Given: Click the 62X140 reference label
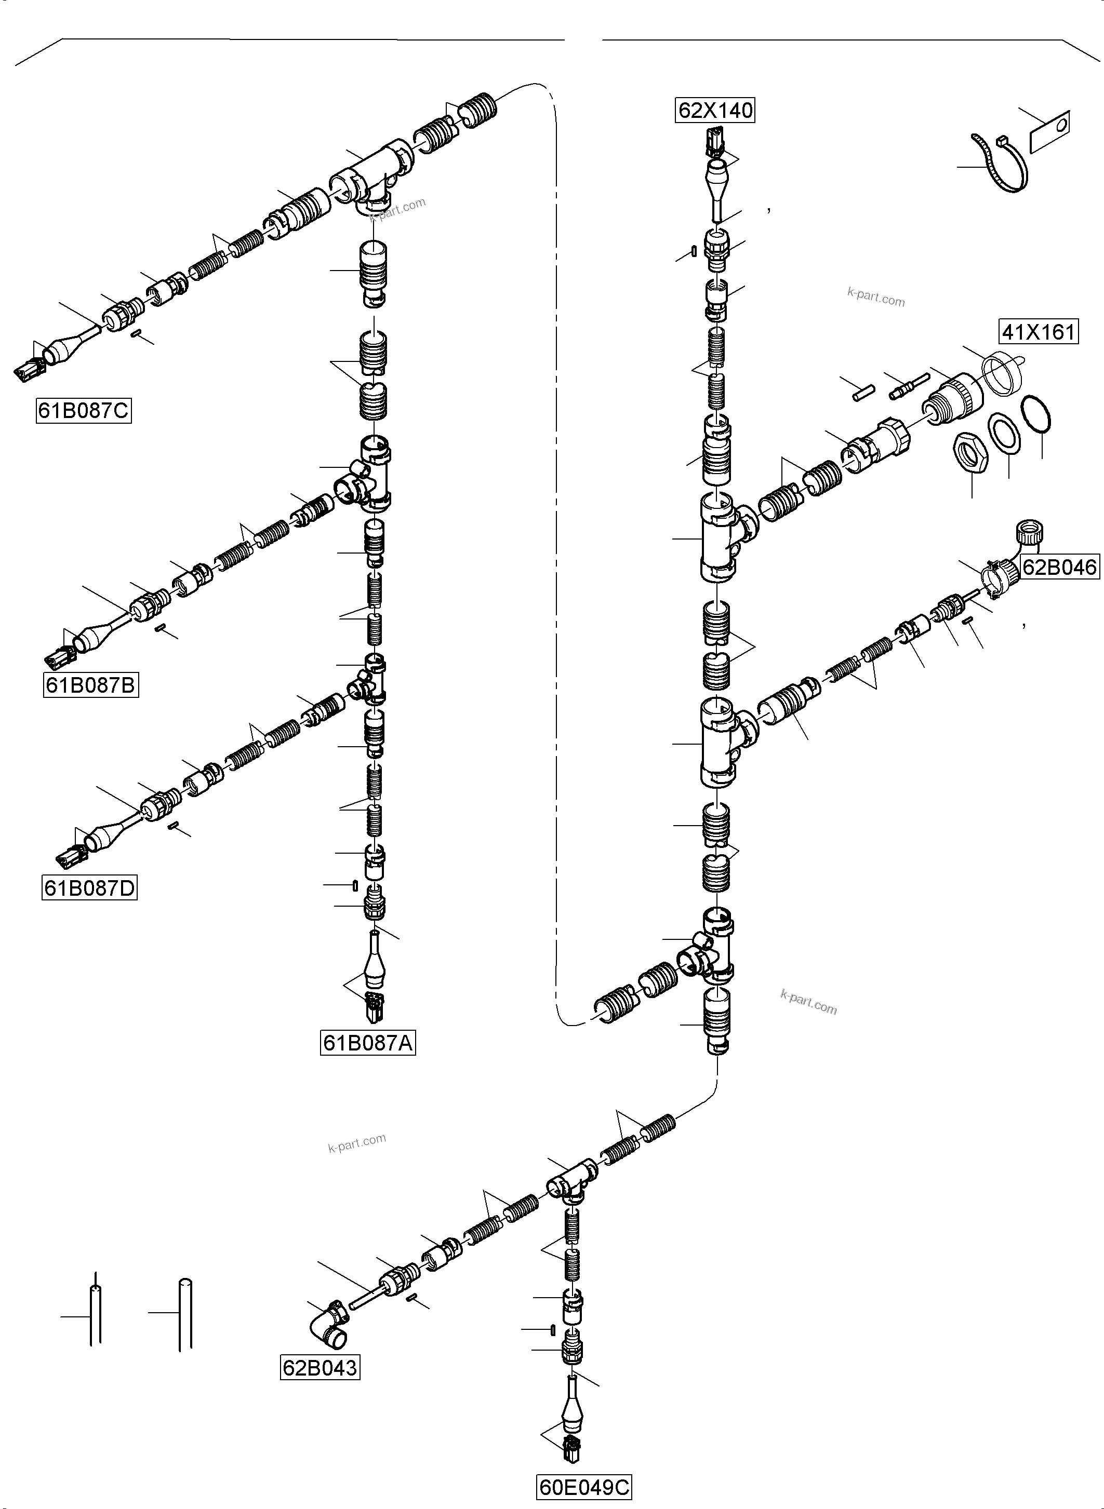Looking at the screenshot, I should click(x=715, y=110).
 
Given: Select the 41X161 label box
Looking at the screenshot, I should click(x=1039, y=331).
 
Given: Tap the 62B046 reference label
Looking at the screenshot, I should click(x=1059, y=567).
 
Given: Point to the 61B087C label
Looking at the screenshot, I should click(x=84, y=410).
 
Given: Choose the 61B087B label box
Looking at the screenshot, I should click(x=91, y=685).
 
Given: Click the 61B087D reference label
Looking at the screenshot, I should click(x=89, y=888).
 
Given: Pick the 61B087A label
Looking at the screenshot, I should click(x=367, y=1043).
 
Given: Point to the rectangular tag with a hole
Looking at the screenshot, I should click(x=1050, y=131).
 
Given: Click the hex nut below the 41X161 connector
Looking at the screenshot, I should click(x=969, y=455).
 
